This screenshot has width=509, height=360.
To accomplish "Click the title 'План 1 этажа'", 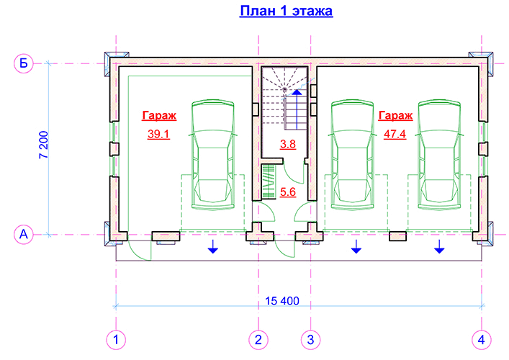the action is click(286, 11).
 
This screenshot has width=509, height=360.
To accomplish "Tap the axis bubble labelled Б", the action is click(23, 63).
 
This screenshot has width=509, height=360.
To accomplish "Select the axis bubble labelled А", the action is click(23, 234).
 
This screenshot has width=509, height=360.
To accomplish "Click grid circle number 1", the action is click(116, 340).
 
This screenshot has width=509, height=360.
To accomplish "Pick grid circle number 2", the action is click(258, 340).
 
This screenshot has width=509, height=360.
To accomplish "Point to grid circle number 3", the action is click(311, 340).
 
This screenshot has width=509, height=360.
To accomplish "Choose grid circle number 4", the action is click(482, 340).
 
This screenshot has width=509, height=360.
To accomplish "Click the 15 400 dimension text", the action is click(282, 301).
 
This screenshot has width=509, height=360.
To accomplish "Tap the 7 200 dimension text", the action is click(43, 145).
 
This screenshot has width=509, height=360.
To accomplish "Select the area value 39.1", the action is click(158, 134).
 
